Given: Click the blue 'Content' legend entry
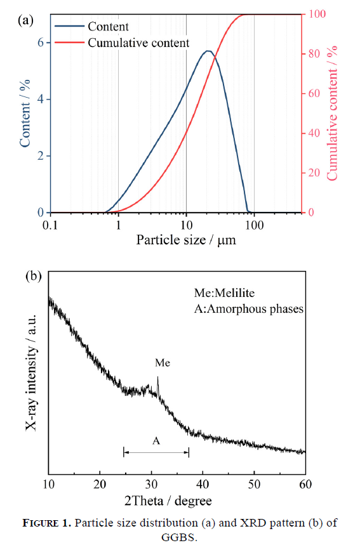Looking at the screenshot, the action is pyautogui.click(x=91, y=26).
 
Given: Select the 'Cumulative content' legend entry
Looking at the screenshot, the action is pyautogui.click(x=122, y=43).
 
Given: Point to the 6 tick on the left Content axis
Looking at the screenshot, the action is pyautogui.click(x=41, y=43).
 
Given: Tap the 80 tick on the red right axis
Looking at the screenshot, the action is pyautogui.click(x=314, y=54).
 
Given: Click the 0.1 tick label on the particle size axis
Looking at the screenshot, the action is pyautogui.click(x=50, y=225).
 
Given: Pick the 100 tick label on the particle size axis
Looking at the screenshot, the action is pyautogui.click(x=254, y=225).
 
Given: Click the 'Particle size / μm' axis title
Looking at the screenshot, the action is pyautogui.click(x=186, y=240).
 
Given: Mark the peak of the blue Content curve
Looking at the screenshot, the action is pyautogui.click(x=208, y=51).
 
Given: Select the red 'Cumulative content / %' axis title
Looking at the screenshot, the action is pyautogui.click(x=332, y=113).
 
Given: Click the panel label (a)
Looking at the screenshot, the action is pyautogui.click(x=25, y=20).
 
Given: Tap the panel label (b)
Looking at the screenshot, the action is pyautogui.click(x=34, y=276).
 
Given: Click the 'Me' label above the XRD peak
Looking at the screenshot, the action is pyautogui.click(x=163, y=363).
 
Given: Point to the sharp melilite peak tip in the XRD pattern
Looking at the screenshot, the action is pyautogui.click(x=158, y=377).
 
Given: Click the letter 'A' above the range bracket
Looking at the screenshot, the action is pyautogui.click(x=156, y=441).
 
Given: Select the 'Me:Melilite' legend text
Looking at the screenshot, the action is pyautogui.click(x=224, y=292).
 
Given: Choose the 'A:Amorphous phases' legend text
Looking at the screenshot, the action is pyautogui.click(x=249, y=309).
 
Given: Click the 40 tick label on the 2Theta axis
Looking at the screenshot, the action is pyautogui.click(x=203, y=484).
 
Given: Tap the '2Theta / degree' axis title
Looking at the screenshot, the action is pyautogui.click(x=168, y=501).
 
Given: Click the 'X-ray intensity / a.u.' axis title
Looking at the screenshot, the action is pyautogui.click(x=31, y=372).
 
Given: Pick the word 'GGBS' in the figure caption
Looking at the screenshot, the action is pyautogui.click(x=179, y=537).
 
